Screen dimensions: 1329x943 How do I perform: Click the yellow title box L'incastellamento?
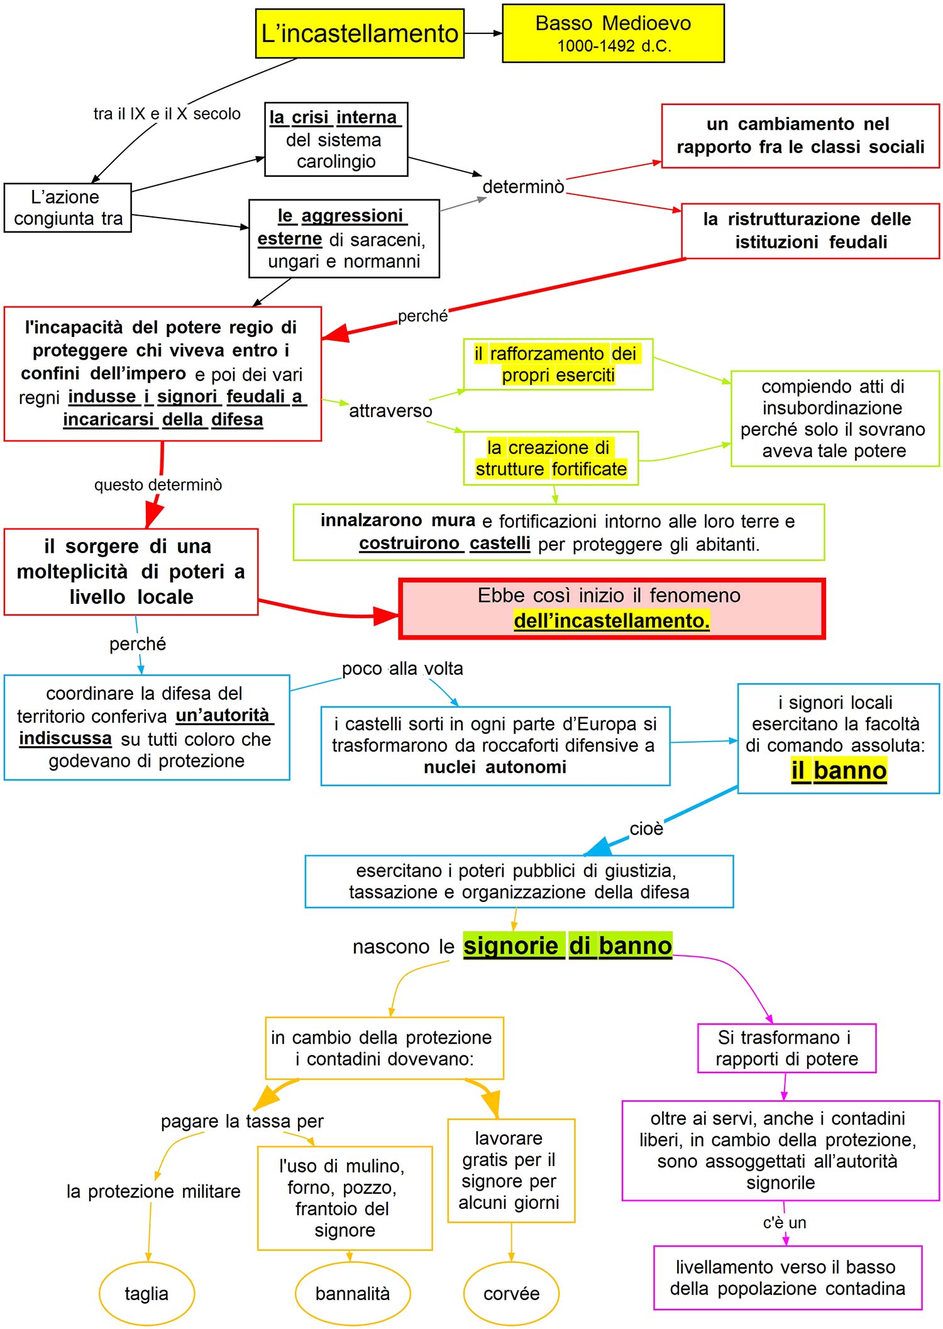[360, 33]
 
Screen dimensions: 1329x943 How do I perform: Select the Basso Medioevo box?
[613, 33]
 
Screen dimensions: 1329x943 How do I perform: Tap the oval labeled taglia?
[146, 1293]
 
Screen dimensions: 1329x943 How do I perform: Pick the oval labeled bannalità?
[352, 1293]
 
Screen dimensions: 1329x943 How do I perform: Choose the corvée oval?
[511, 1293]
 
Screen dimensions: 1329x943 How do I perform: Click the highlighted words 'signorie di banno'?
[567, 945]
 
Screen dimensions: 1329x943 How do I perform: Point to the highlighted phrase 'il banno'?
[839, 770]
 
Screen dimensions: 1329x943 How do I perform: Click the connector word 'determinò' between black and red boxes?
[523, 187]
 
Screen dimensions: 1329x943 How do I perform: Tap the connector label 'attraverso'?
[390, 411]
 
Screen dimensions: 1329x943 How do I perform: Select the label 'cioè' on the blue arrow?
[646, 828]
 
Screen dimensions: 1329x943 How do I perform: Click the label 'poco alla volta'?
[402, 668]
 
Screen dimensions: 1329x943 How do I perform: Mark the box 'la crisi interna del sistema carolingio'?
[336, 139]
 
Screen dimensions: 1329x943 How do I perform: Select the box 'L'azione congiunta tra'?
[68, 208]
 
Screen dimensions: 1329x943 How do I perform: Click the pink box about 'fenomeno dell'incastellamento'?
[612, 608]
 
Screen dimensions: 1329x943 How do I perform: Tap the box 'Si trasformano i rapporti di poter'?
[786, 1048]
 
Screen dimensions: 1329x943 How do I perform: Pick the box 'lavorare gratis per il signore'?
[510, 1170]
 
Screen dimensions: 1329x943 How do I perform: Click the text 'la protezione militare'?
[153, 1191]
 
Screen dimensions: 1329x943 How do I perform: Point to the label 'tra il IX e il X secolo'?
[167, 114]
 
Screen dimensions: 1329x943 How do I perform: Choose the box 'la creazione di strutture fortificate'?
[551, 458]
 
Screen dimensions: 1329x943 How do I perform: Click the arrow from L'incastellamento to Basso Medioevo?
[483, 33]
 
